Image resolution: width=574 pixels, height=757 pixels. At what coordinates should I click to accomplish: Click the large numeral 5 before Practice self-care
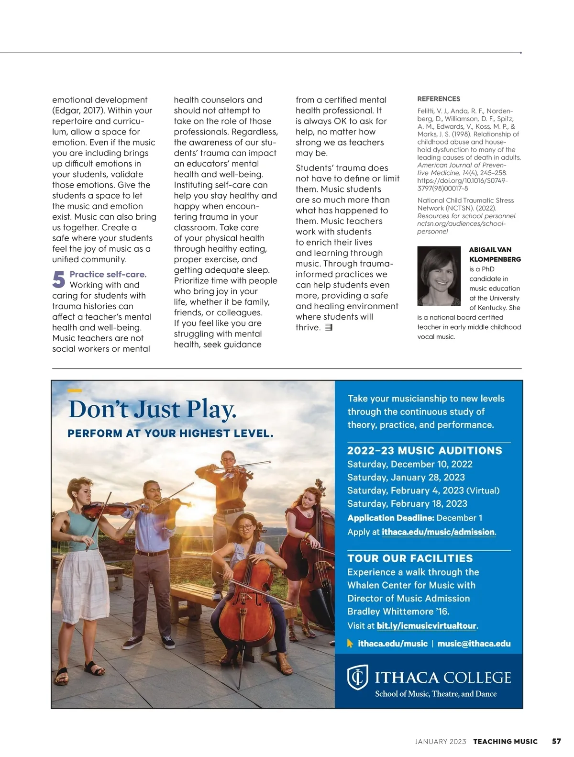click(x=58, y=279)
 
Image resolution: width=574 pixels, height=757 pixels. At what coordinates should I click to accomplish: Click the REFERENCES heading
click(x=439, y=99)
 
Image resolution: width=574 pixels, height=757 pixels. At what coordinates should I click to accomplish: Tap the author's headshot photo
click(x=439, y=276)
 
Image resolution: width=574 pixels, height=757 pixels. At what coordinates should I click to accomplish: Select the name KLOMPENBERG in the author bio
click(x=495, y=259)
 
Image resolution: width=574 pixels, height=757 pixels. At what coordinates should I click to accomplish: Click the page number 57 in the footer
click(x=556, y=741)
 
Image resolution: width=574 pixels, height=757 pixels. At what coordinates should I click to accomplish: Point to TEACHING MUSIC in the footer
click(x=506, y=742)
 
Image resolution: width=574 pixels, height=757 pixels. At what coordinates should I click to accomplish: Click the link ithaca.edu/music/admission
click(x=438, y=532)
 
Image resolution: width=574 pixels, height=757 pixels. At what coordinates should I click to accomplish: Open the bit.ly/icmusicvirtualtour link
click(x=427, y=626)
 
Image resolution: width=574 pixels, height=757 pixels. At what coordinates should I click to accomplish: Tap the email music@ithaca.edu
click(x=474, y=644)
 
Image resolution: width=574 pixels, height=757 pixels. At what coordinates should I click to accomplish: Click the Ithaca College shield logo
click(x=357, y=677)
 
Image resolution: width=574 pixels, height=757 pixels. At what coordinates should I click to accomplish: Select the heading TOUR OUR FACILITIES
click(x=410, y=558)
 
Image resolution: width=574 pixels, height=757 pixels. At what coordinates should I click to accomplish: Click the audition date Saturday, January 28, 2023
click(x=406, y=478)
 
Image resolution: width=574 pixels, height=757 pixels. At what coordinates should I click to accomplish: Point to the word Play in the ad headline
click(x=211, y=410)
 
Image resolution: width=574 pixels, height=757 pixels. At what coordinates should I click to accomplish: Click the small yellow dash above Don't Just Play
click(x=75, y=391)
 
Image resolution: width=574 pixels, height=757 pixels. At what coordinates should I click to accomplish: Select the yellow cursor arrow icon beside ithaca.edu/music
click(x=350, y=644)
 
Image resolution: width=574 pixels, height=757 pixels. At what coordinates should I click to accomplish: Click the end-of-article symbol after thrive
click(x=329, y=328)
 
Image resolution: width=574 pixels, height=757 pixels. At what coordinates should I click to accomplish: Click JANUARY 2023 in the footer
click(x=441, y=742)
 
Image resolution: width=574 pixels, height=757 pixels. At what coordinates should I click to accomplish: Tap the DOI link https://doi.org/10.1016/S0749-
click(x=463, y=181)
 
